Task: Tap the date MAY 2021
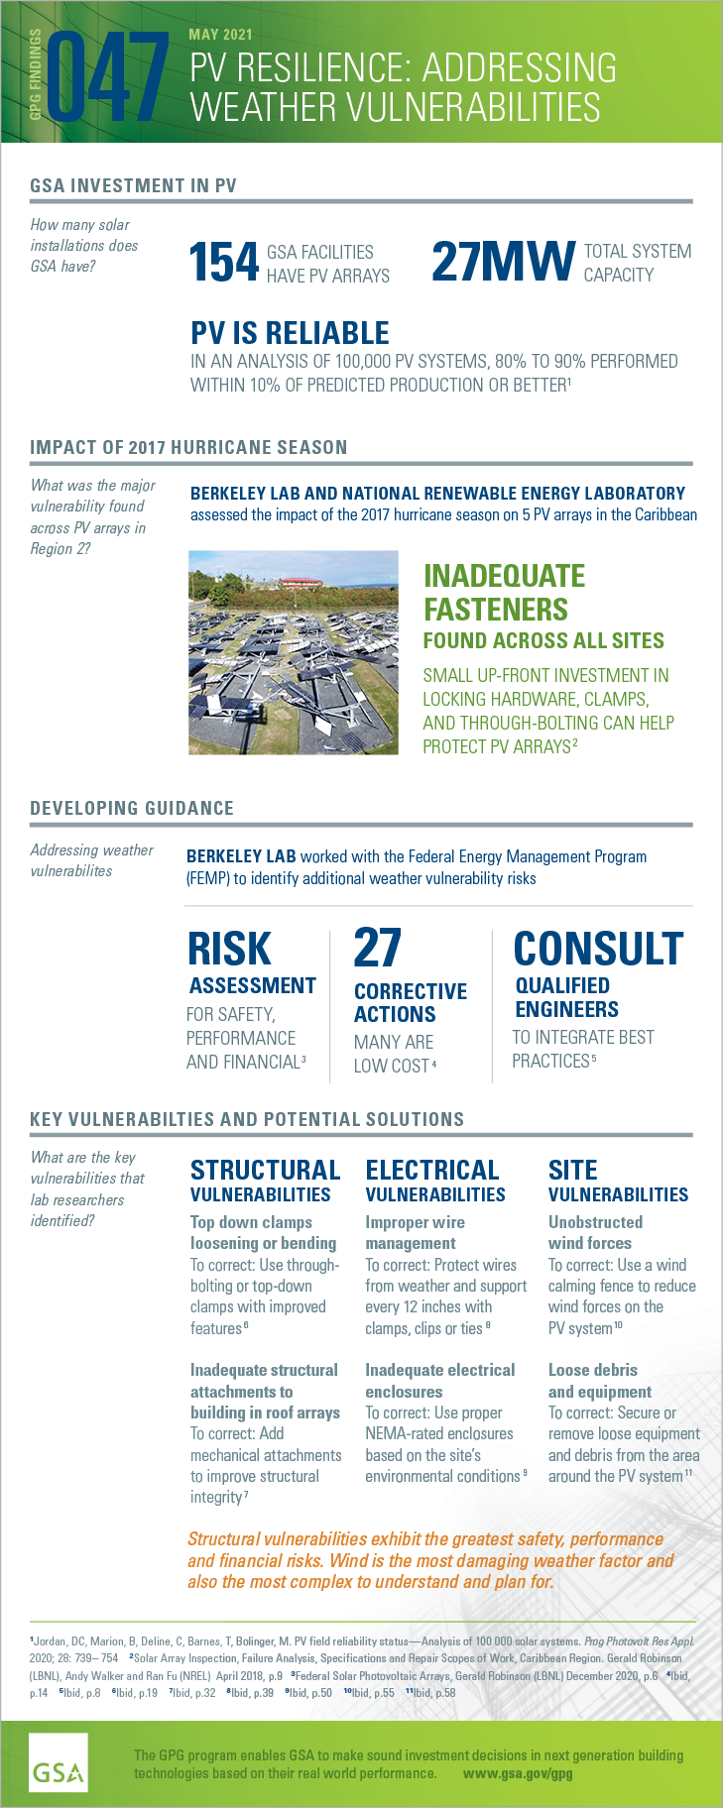pyautogui.click(x=220, y=35)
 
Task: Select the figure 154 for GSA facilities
pyautogui.click(x=224, y=263)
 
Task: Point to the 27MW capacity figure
pyautogui.click(x=503, y=262)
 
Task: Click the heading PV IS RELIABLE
pyautogui.click(x=290, y=333)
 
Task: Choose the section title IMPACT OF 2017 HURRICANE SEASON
pyautogui.click(x=188, y=447)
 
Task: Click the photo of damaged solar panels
pyautogui.click(x=294, y=652)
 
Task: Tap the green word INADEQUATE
pyautogui.click(x=504, y=576)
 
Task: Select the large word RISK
pyautogui.click(x=229, y=949)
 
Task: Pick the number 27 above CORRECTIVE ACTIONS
pyautogui.click(x=377, y=949)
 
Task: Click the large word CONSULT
pyautogui.click(x=598, y=949)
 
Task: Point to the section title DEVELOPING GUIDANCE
pyautogui.click(x=132, y=808)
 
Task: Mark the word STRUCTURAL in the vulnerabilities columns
pyautogui.click(x=265, y=1171)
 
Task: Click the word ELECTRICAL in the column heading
pyautogui.click(x=431, y=1171)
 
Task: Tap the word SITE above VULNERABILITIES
pyautogui.click(x=572, y=1171)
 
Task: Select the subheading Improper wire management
pyautogui.click(x=415, y=1232)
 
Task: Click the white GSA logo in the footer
pyautogui.click(x=59, y=1761)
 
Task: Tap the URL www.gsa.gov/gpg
pyautogui.click(x=518, y=1773)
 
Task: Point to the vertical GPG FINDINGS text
pyautogui.click(x=36, y=74)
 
